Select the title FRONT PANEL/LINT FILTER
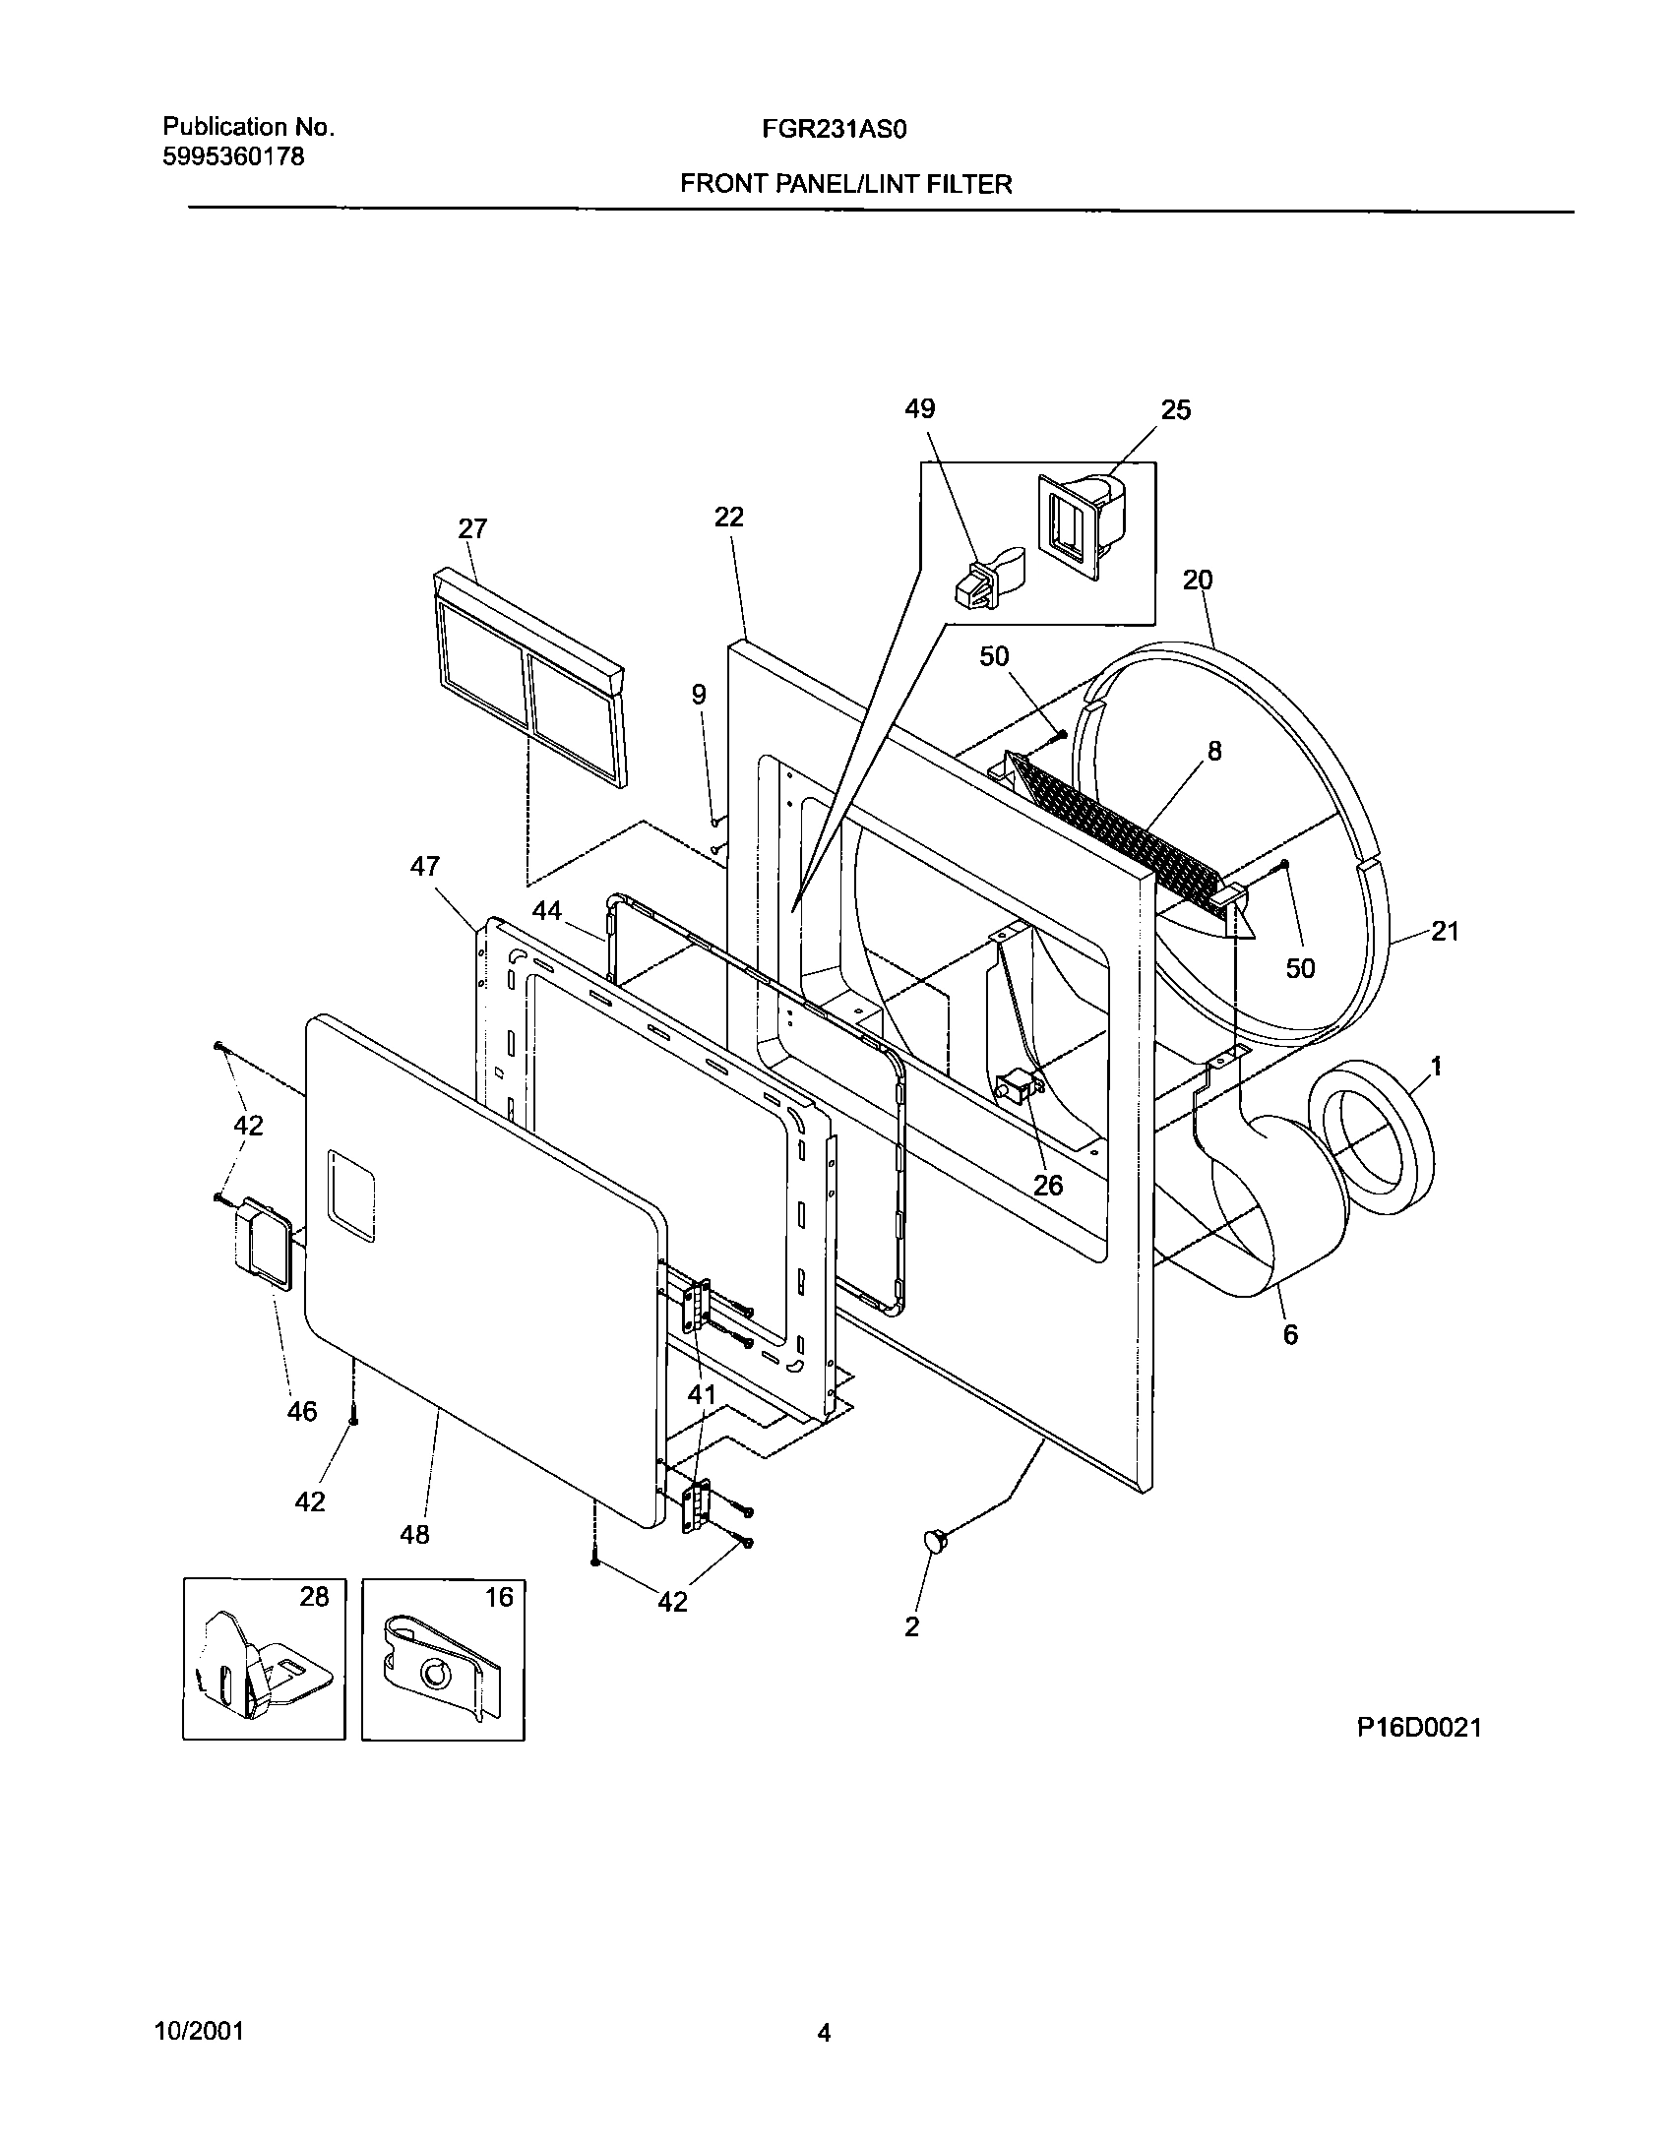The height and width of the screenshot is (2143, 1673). click(845, 184)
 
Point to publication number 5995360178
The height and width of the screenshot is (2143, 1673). click(233, 156)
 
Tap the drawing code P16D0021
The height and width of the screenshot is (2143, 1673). click(1419, 1728)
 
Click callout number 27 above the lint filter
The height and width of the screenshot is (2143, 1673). click(472, 529)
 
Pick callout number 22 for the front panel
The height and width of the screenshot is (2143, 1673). click(729, 517)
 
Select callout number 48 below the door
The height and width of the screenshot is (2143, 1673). click(415, 1534)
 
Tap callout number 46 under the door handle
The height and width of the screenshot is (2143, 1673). click(302, 1412)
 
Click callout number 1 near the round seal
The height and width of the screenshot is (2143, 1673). click(1436, 1066)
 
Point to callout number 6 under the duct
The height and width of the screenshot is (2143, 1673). click(1290, 1334)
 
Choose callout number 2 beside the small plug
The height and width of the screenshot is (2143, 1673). click(912, 1626)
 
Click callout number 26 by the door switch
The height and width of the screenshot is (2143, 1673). click(1048, 1186)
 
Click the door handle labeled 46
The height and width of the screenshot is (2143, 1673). click(262, 1245)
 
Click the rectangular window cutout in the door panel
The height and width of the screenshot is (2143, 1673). click(351, 1194)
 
